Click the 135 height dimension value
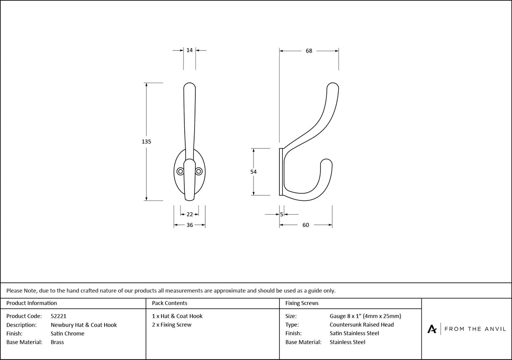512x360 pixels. coord(146,142)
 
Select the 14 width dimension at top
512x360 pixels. coord(189,50)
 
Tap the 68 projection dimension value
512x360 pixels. coord(309,51)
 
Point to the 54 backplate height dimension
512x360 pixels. coord(253,171)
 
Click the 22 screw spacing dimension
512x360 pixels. coord(190,215)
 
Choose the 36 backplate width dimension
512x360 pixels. coord(190,225)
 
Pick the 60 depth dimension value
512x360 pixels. coord(305,225)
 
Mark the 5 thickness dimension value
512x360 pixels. coord(282,215)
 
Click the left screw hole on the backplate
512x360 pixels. coord(180,171)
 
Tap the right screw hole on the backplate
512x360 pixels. coord(199,171)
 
